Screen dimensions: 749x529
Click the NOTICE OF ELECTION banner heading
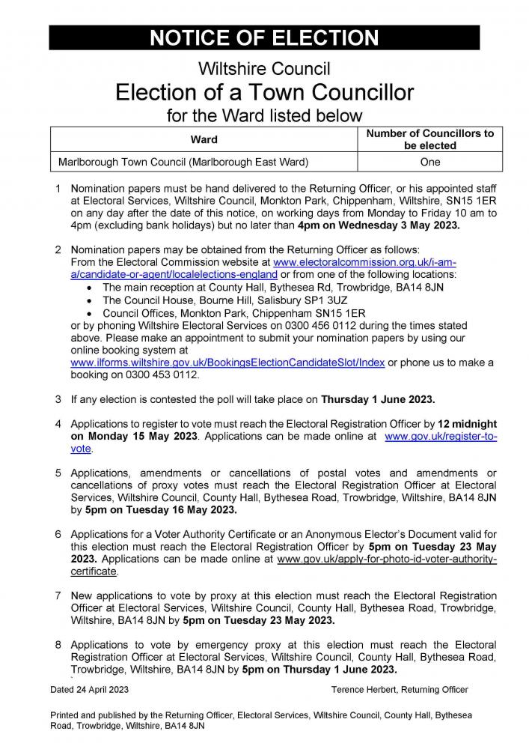pos(264,38)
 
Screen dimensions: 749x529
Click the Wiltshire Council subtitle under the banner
pos(264,70)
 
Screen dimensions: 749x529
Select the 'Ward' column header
pos(204,139)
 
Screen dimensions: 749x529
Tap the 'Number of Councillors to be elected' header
pos(429,139)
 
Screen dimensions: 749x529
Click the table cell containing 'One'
pos(429,162)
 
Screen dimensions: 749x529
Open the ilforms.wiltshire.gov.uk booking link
pos(227,363)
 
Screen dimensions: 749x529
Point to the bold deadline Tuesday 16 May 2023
pos(160,509)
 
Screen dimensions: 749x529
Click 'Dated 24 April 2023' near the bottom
pos(90,689)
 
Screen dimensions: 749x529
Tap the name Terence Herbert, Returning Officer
pos(400,689)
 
